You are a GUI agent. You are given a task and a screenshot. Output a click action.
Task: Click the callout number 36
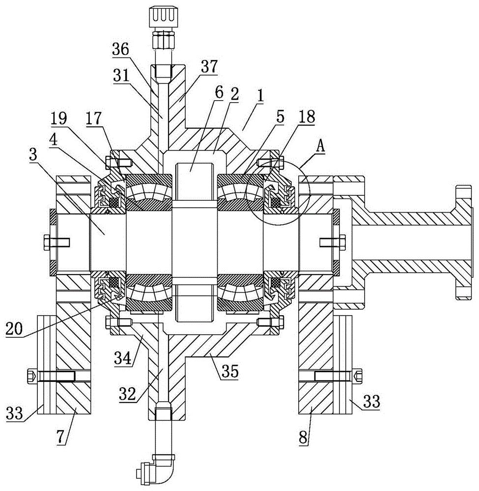120,50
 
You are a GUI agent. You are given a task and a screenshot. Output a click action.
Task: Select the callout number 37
209,67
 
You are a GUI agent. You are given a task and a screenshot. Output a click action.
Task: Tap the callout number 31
121,76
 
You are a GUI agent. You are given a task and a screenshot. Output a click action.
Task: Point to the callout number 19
58,119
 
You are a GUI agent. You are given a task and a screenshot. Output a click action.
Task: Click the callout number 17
94,118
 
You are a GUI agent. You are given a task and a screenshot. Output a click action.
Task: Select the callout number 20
14,329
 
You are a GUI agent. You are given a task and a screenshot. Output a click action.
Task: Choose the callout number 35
230,371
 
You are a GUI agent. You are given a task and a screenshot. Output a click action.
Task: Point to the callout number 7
62,436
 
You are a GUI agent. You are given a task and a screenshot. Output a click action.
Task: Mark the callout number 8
303,437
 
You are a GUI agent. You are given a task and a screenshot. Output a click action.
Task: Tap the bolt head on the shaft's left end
45,243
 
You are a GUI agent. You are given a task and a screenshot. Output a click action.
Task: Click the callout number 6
219,93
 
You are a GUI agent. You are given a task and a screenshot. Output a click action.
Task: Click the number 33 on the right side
371,401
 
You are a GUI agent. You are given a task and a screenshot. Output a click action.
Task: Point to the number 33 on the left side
14,413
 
